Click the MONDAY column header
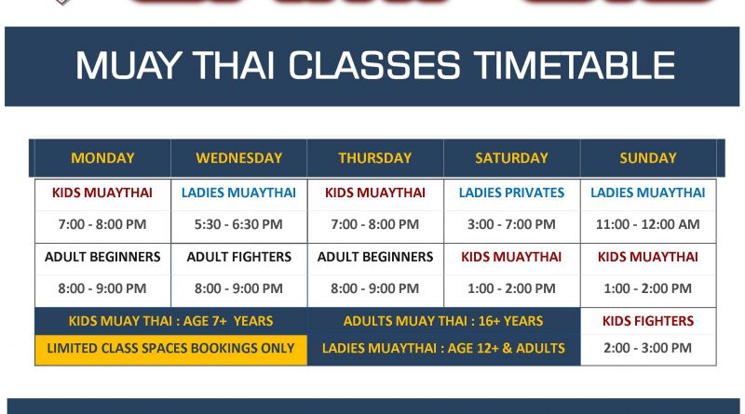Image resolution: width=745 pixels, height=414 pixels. tap(102, 158)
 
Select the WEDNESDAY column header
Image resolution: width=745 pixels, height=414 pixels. tap(238, 158)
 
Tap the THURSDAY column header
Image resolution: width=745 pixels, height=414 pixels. tap(374, 158)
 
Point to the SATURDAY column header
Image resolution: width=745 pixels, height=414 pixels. tap(511, 158)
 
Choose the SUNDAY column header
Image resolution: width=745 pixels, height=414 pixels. tap(648, 158)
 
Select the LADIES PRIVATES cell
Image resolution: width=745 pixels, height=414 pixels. tap(511, 193)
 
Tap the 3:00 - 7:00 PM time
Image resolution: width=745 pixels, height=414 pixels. tap(511, 224)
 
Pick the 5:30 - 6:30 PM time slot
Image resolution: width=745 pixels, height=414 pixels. tap(238, 224)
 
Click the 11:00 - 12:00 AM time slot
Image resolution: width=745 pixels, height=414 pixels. tap(648, 224)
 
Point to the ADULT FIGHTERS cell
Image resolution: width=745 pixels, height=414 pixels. tap(238, 257)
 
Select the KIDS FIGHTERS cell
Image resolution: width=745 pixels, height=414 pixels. tap(648, 321)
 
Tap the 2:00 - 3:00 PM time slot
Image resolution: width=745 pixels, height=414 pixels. tap(648, 348)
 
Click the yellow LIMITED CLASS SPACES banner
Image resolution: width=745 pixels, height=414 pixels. tap(170, 348)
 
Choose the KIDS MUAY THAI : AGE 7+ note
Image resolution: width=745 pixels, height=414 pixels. tap(170, 321)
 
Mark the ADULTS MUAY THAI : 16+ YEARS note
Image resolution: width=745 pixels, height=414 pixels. tap(443, 321)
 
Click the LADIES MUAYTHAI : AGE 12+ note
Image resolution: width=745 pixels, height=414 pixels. tap(443, 348)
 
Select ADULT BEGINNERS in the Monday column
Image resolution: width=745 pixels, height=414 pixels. tap(102, 257)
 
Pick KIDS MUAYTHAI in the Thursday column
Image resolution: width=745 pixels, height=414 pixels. tap(374, 193)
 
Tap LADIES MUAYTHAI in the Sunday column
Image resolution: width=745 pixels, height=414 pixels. tap(648, 193)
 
